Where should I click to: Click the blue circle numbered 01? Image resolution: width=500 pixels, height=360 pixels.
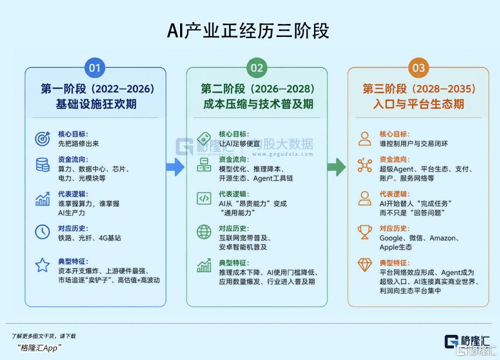click(x=95, y=68)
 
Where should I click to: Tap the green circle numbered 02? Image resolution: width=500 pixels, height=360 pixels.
click(x=257, y=68)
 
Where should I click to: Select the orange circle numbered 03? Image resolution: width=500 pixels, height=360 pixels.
click(x=418, y=68)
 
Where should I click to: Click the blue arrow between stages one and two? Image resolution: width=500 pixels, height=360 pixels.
click(x=175, y=167)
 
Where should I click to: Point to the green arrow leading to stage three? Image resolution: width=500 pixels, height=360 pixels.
click(x=336, y=167)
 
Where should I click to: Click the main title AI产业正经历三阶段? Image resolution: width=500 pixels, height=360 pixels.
click(x=248, y=31)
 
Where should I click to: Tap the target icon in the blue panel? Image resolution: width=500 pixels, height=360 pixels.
click(x=43, y=139)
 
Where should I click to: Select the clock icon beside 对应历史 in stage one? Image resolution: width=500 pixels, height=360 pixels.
click(x=43, y=232)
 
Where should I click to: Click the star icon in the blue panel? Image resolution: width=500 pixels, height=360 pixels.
click(x=43, y=265)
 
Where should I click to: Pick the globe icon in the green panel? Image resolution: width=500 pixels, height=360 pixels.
click(x=204, y=232)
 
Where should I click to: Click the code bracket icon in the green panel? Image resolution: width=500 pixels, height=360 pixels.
click(x=204, y=198)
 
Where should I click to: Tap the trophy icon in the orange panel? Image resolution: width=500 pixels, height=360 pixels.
click(x=365, y=232)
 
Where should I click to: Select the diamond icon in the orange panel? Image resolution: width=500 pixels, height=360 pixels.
click(x=365, y=265)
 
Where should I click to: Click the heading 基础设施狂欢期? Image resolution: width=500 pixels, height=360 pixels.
click(x=96, y=104)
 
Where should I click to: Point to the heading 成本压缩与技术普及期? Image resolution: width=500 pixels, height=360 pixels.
click(x=258, y=104)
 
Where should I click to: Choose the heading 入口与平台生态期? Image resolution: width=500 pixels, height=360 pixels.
click(x=419, y=104)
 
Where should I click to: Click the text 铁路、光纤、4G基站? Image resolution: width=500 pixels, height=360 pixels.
click(x=89, y=238)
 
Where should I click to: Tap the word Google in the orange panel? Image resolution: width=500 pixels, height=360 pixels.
click(x=391, y=238)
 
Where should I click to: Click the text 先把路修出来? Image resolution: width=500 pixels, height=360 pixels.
click(x=78, y=143)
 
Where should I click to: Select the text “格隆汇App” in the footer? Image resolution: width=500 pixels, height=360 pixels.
click(x=39, y=348)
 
